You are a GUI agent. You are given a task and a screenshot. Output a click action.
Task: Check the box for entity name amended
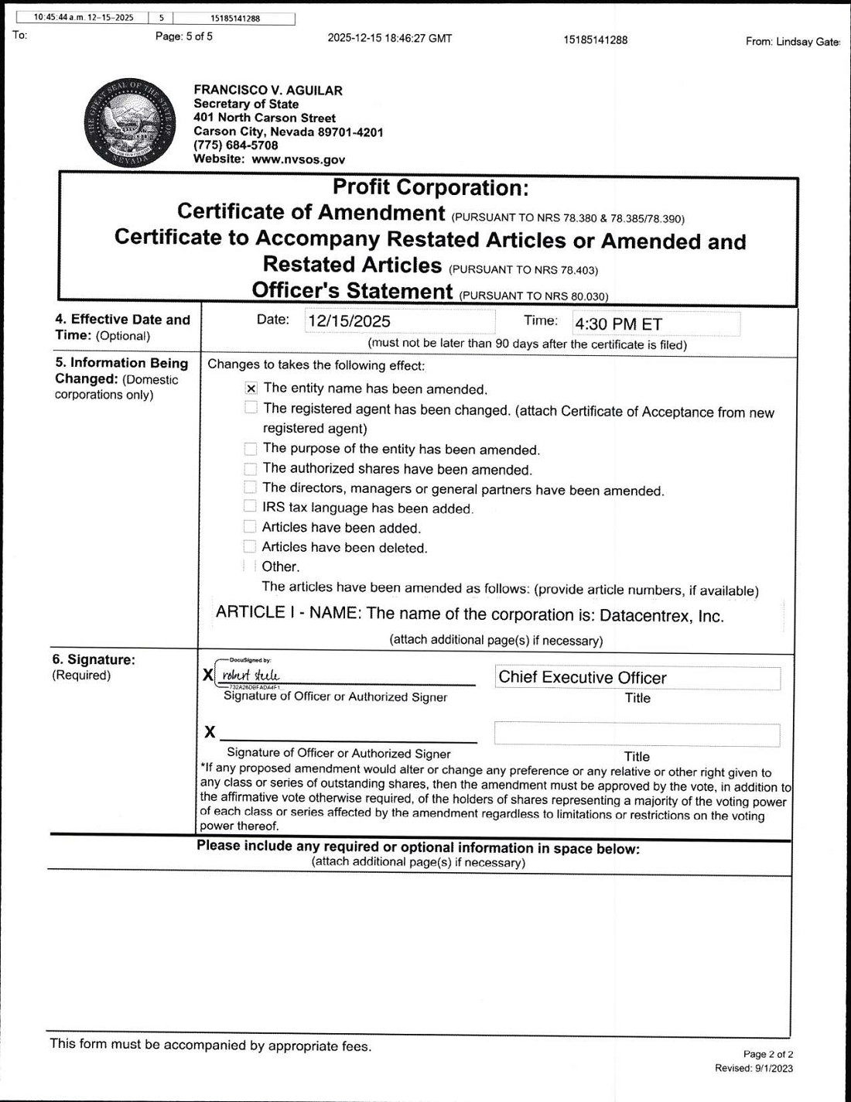point(251,388)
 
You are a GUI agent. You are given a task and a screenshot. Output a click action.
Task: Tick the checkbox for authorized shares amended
point(250,469)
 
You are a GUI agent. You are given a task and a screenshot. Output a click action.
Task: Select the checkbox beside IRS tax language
point(249,507)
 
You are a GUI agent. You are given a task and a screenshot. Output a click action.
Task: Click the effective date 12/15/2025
point(349,322)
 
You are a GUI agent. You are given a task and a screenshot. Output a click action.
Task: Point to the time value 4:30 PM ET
point(618,324)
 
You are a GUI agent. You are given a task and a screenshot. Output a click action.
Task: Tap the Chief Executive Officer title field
point(637,678)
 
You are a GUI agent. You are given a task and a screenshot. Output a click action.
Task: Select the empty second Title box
point(637,734)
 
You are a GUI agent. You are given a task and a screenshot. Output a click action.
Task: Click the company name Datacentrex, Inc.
point(661,616)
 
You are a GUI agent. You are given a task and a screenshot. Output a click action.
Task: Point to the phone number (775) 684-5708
point(236,145)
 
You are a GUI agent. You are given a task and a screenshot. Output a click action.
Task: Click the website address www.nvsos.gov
point(298,159)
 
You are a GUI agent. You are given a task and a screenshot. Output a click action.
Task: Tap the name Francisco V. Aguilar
point(268,90)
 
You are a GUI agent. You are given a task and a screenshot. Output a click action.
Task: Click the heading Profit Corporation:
point(430,188)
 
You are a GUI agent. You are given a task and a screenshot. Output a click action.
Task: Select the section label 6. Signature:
point(94,659)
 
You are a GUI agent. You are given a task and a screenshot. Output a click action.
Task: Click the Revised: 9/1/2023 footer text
point(754,1068)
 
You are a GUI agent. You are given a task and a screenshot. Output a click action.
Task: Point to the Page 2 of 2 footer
point(767,1054)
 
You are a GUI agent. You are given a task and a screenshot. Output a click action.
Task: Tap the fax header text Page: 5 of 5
point(184,36)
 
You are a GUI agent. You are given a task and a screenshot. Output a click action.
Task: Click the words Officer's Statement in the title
point(352,291)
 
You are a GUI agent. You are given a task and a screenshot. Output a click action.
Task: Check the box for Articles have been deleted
point(249,547)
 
